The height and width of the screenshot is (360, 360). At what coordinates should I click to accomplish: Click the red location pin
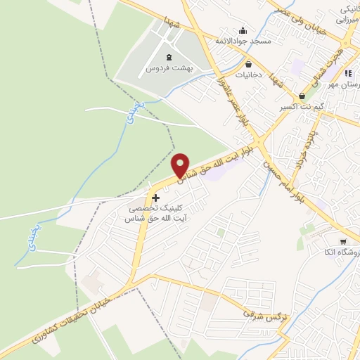coord(181,165)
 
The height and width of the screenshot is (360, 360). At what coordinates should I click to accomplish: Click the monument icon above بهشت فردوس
coord(168,57)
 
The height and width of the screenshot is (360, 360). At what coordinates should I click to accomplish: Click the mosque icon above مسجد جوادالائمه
coord(243,30)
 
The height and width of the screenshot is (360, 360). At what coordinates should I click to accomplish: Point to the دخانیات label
coord(249,74)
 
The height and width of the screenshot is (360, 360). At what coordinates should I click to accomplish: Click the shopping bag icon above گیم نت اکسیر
coord(302,96)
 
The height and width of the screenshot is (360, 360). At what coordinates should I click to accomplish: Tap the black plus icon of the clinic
coord(155,198)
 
